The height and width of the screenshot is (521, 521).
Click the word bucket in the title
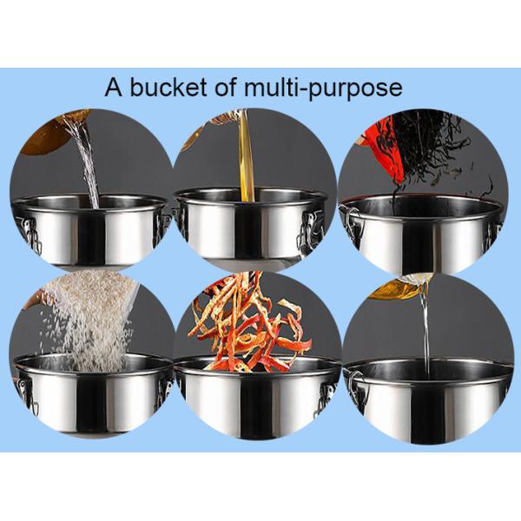pyautogui.click(x=169, y=87)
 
